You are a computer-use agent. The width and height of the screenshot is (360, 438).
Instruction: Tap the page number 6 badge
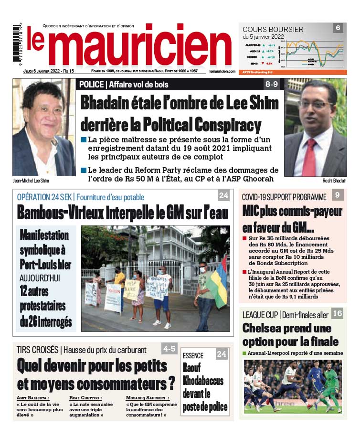click(x=338, y=28)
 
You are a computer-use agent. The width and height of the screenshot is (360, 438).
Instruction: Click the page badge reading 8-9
click(x=271, y=85)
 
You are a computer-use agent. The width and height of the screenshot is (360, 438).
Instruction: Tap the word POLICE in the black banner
click(x=92, y=85)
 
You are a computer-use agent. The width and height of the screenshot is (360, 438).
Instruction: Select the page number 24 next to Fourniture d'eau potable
click(x=223, y=196)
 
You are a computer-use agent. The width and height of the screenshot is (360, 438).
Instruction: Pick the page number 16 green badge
click(x=337, y=314)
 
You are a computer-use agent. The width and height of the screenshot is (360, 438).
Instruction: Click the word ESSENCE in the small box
click(x=193, y=355)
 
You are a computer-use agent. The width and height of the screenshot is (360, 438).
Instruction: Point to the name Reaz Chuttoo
click(x=85, y=397)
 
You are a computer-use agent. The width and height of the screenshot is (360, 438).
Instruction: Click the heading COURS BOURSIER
click(x=273, y=29)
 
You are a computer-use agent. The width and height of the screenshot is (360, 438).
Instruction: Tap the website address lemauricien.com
click(x=222, y=71)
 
